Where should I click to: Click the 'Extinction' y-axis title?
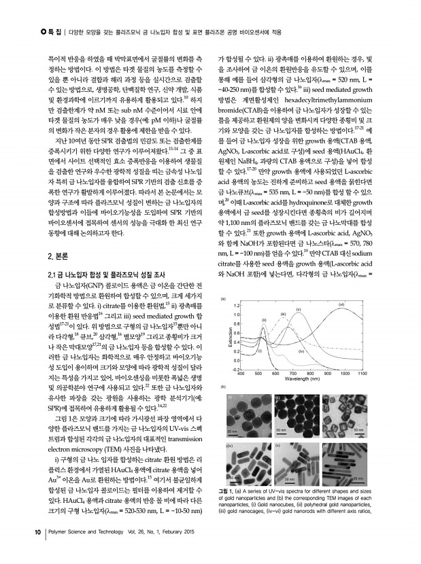[x=231, y=339]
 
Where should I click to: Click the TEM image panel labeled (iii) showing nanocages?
[x=348, y=414]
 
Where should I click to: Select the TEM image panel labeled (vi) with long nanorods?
[x=348, y=465]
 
